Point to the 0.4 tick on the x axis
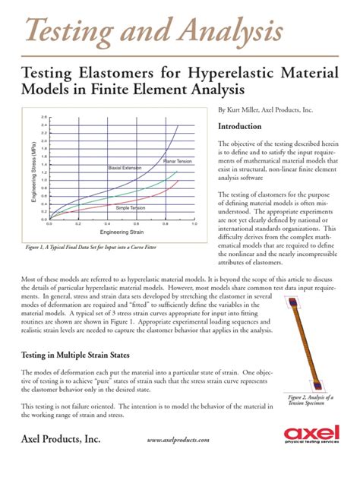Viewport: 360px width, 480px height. point(107,223)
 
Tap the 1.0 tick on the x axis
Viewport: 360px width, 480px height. point(194,223)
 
